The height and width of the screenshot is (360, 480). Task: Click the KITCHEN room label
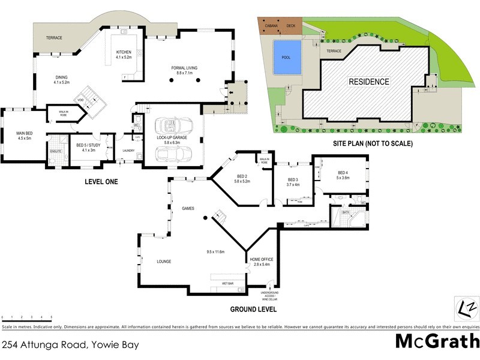pos(124,52)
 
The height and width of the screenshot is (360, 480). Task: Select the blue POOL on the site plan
pos(286,58)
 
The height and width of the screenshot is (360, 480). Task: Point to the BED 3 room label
pos(293,180)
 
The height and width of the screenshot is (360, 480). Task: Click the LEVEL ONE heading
pos(101,181)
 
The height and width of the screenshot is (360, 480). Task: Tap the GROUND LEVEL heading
pos(253,310)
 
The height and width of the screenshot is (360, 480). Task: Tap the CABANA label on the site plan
pos(267,26)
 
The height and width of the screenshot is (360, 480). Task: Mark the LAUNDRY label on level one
pos(128,151)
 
